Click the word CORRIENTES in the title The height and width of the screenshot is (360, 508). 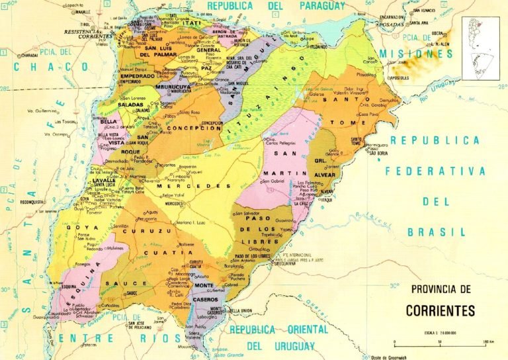[x=440, y=310]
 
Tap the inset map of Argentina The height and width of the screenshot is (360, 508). [x=480, y=48]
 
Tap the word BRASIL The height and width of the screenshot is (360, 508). [x=437, y=232]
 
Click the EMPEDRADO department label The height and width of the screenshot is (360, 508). [x=137, y=77]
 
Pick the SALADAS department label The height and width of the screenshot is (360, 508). [x=132, y=105]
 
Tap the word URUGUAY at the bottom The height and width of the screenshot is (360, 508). [x=288, y=345]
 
